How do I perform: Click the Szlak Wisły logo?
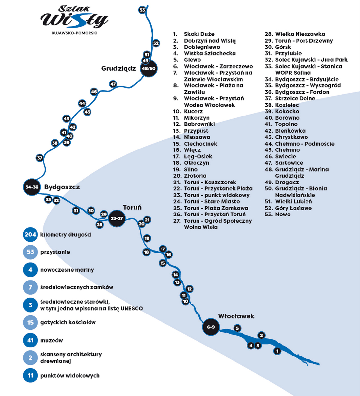click(75, 17)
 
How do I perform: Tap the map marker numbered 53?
click(142, 10)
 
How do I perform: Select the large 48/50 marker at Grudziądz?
click(148, 68)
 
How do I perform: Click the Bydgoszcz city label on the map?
click(62, 187)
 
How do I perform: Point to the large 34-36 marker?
click(32, 187)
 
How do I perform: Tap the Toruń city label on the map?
click(132, 207)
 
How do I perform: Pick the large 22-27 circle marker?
click(117, 218)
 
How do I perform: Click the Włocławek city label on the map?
click(236, 316)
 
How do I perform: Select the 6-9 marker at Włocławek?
click(211, 327)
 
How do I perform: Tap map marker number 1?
click(277, 351)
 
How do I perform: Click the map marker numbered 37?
click(40, 158)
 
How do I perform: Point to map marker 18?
click(146, 252)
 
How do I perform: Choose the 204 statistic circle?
click(30, 235)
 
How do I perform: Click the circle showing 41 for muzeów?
click(30, 340)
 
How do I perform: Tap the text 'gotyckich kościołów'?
click(68, 322)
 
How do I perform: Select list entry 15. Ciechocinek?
click(196, 144)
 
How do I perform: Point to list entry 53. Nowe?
click(277, 214)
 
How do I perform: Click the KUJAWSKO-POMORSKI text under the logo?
click(75, 33)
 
